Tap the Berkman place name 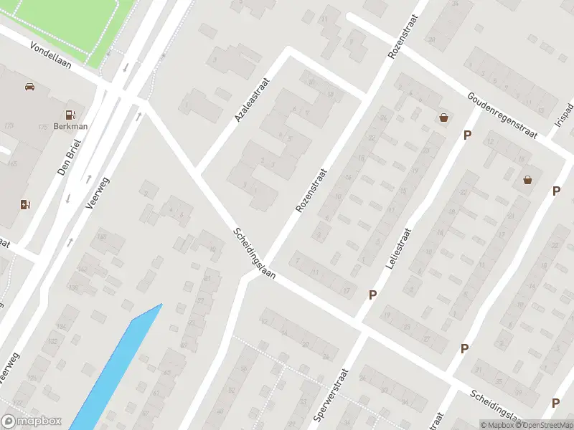[x=70, y=127]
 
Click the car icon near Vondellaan [x=29, y=87]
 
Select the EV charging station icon [x=25, y=204]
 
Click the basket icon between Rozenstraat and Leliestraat [x=443, y=117]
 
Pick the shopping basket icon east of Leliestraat [x=528, y=180]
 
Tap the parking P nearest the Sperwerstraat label [x=372, y=295]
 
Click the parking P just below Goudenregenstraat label [x=467, y=135]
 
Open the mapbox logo [x=32, y=421]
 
